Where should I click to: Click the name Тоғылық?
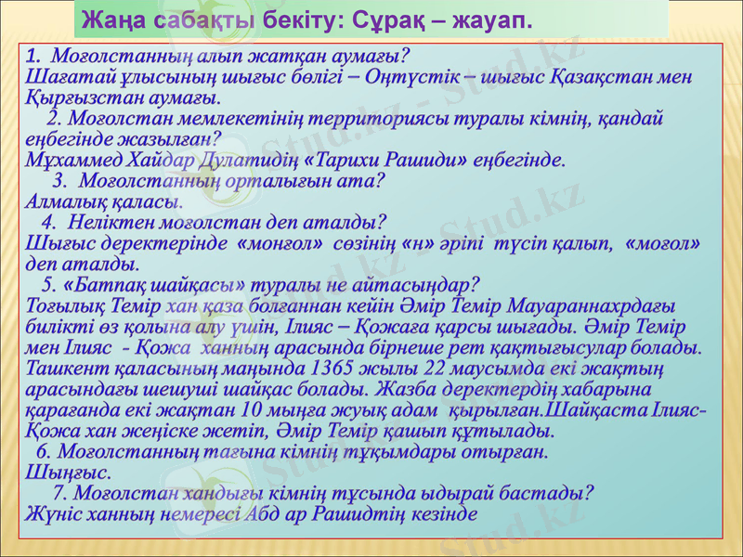tap(65, 305)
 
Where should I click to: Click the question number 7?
tap(61, 492)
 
